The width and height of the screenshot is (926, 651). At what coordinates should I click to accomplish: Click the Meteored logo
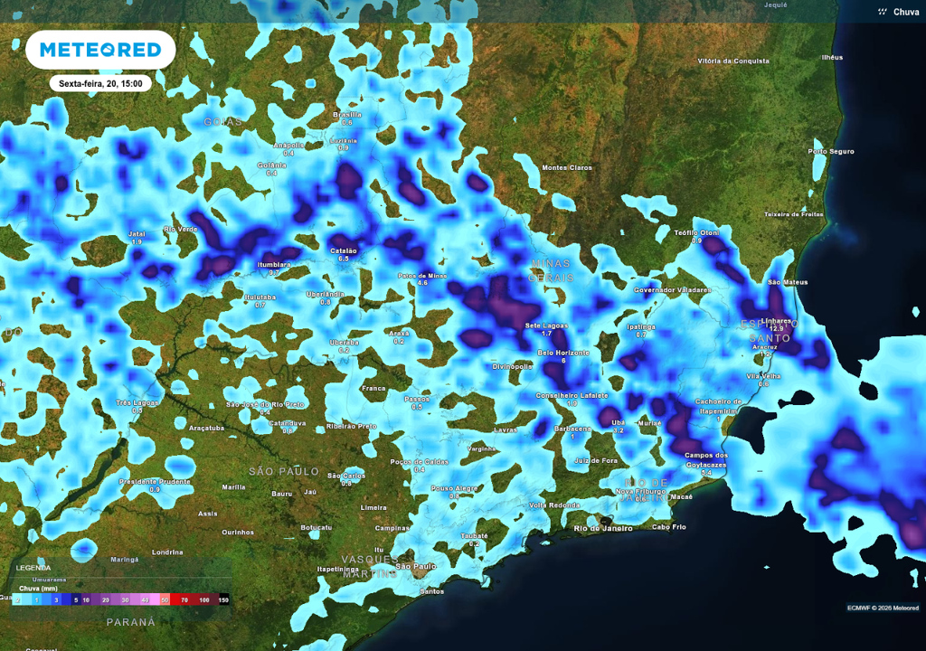point(99,50)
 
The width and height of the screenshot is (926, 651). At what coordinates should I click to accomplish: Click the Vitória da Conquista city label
point(732,61)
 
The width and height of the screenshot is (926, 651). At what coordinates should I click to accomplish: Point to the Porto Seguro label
point(831,151)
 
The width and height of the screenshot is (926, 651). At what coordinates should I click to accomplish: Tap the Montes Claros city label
point(567,167)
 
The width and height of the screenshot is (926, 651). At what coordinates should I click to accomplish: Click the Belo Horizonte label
point(563,353)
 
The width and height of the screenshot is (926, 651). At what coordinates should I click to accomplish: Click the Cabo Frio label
point(669,526)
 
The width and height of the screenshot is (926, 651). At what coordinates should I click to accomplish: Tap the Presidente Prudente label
point(155,481)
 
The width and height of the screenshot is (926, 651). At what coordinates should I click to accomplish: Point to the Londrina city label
point(167,552)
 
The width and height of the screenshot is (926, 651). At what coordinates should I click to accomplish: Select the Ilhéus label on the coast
point(831,57)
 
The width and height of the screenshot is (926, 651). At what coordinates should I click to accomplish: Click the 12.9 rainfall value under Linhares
point(777,328)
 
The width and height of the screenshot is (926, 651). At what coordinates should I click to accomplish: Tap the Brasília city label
point(347,115)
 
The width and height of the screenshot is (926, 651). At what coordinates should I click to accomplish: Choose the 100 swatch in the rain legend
point(205,599)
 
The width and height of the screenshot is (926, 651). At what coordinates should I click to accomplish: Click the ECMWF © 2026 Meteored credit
point(883,607)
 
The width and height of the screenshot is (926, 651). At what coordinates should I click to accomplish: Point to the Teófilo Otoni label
point(696,232)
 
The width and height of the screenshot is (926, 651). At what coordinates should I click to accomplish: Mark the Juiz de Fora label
point(595,460)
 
